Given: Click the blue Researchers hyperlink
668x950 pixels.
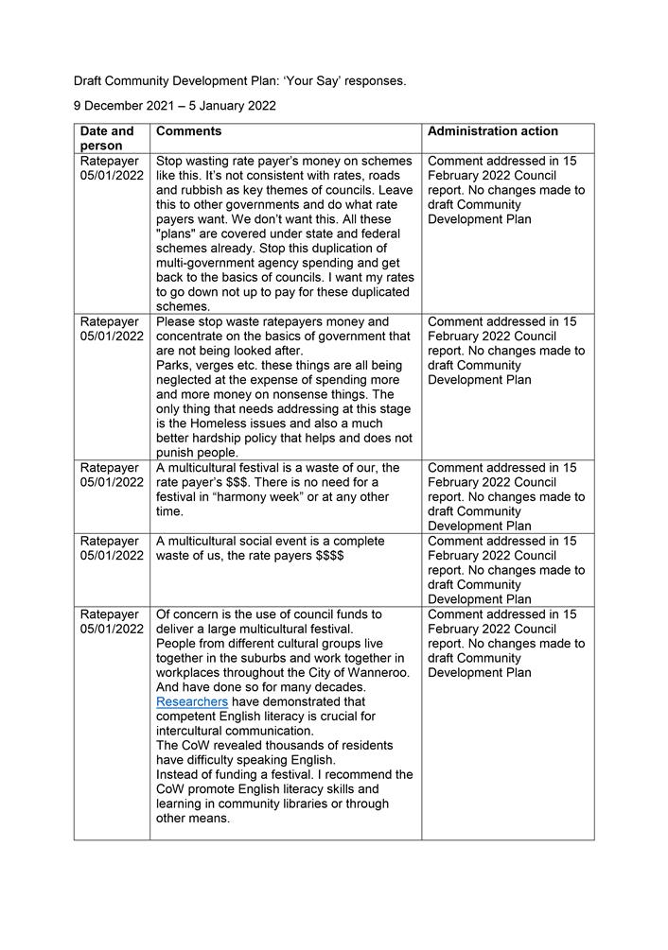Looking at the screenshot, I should click(x=192, y=702).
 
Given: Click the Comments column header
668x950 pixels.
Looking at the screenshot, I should click(x=188, y=131).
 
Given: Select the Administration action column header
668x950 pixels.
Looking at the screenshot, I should click(x=492, y=131).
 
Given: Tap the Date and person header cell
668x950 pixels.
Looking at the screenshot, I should click(x=107, y=139).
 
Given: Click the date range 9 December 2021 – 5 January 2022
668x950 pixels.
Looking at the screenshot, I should click(x=175, y=106).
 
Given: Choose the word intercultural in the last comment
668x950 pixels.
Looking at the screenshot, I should click(x=195, y=732).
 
